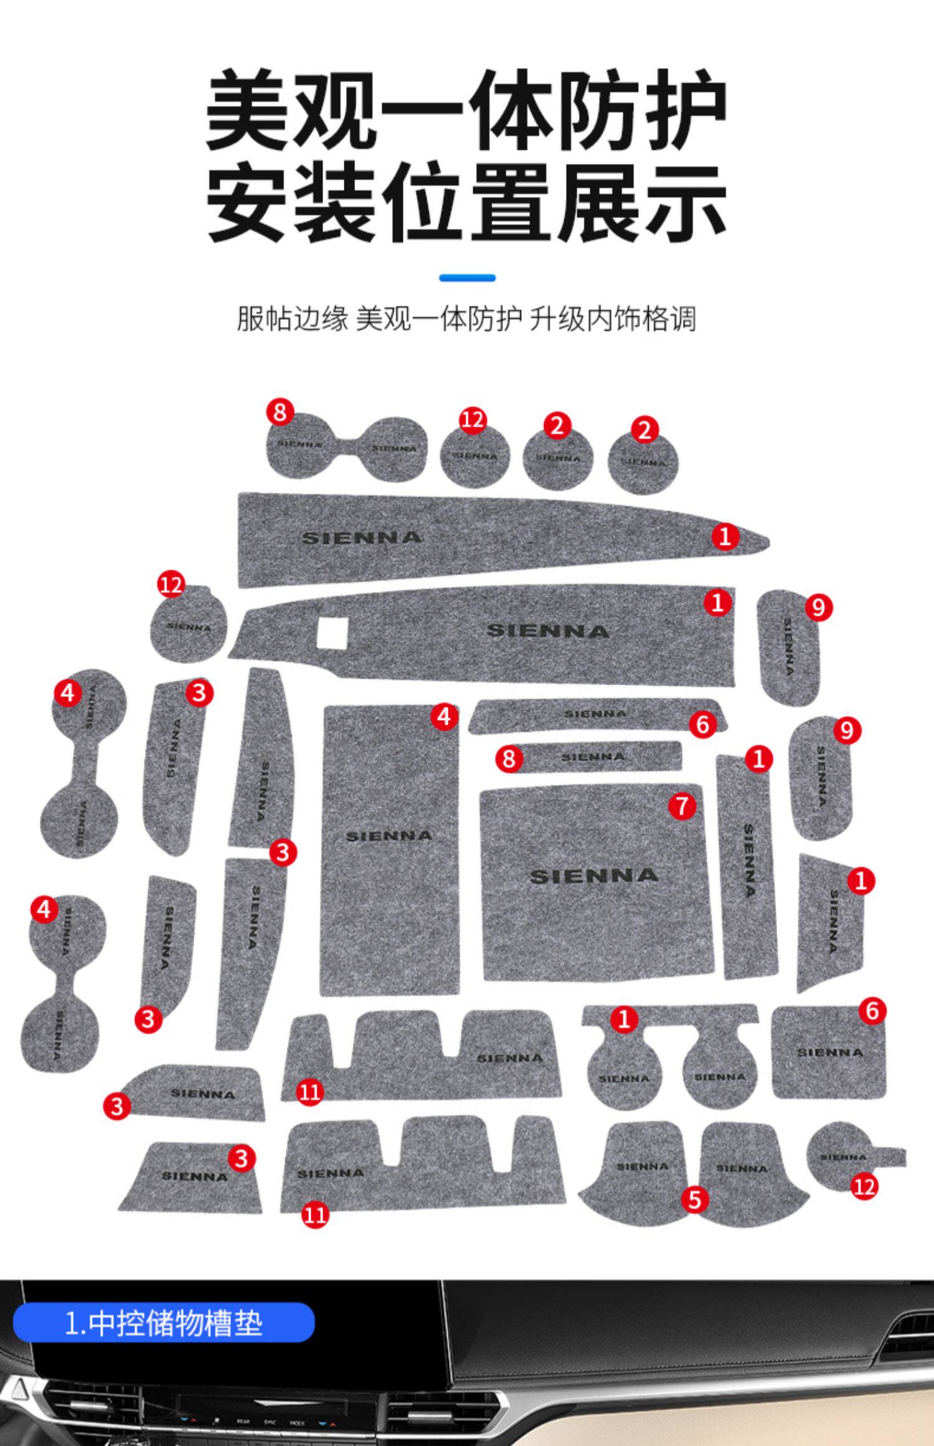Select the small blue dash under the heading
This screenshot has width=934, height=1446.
click(467, 278)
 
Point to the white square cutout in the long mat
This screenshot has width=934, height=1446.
click(332, 633)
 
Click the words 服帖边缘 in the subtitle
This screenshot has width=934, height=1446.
click(292, 319)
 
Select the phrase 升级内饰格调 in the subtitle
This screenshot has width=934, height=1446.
click(613, 319)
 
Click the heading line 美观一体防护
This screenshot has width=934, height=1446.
click(466, 111)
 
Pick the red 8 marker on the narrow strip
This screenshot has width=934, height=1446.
click(509, 758)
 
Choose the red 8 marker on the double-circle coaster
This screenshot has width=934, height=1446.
click(280, 412)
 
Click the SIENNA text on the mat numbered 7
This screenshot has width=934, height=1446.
click(594, 876)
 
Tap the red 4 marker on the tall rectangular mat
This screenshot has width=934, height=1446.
click(444, 717)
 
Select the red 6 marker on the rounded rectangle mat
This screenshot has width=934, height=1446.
click(872, 1011)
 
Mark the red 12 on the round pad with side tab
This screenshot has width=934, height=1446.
click(864, 1187)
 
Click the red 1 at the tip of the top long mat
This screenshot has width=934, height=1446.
click(725, 536)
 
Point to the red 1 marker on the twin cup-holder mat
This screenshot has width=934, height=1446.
click(624, 1019)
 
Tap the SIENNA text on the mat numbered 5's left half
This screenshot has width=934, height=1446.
click(642, 1166)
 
